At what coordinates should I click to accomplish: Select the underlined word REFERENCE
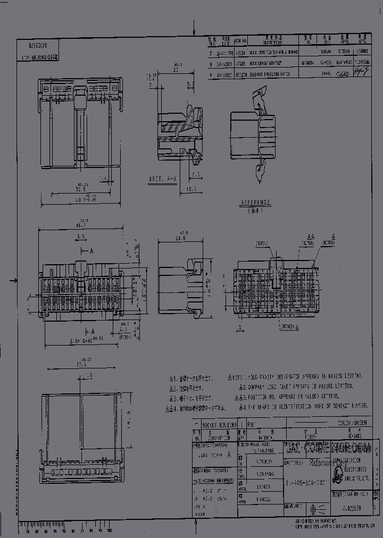click(x=255, y=203)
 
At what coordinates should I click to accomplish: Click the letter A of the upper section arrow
click(x=91, y=250)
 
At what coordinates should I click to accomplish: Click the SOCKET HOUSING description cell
click(x=219, y=425)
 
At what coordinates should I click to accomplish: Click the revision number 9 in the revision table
click(x=211, y=76)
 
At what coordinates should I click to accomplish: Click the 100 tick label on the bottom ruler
click(x=109, y=531)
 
